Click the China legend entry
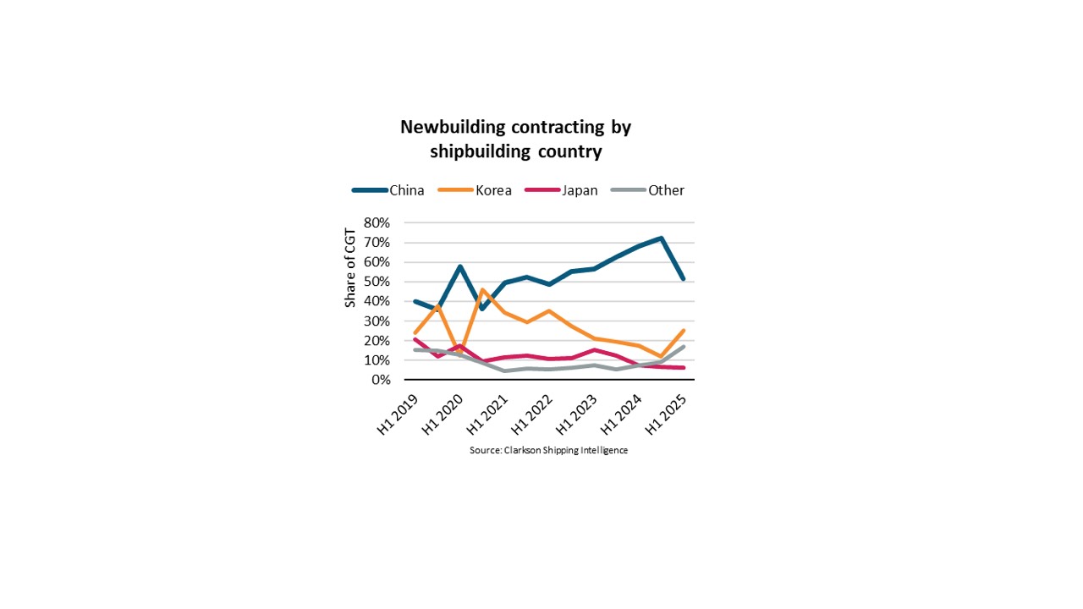[x=388, y=190]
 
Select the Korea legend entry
[x=475, y=190]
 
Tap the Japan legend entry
[x=561, y=190]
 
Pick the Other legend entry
[x=647, y=190]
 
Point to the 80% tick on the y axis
[x=377, y=222]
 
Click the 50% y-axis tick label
[x=377, y=282]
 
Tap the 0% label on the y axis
[x=381, y=380]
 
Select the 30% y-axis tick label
[x=377, y=321]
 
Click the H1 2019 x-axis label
[x=397, y=414]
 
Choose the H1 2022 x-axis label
[x=531, y=414]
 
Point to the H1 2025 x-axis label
[x=666, y=414]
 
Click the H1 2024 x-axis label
[x=621, y=414]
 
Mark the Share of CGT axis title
[x=350, y=268]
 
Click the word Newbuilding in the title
[x=453, y=127]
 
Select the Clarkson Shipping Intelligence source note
[x=549, y=451]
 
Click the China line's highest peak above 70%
[x=661, y=238]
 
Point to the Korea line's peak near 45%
[x=482, y=290]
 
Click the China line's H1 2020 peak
[x=460, y=266]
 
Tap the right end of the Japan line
[x=683, y=368]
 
